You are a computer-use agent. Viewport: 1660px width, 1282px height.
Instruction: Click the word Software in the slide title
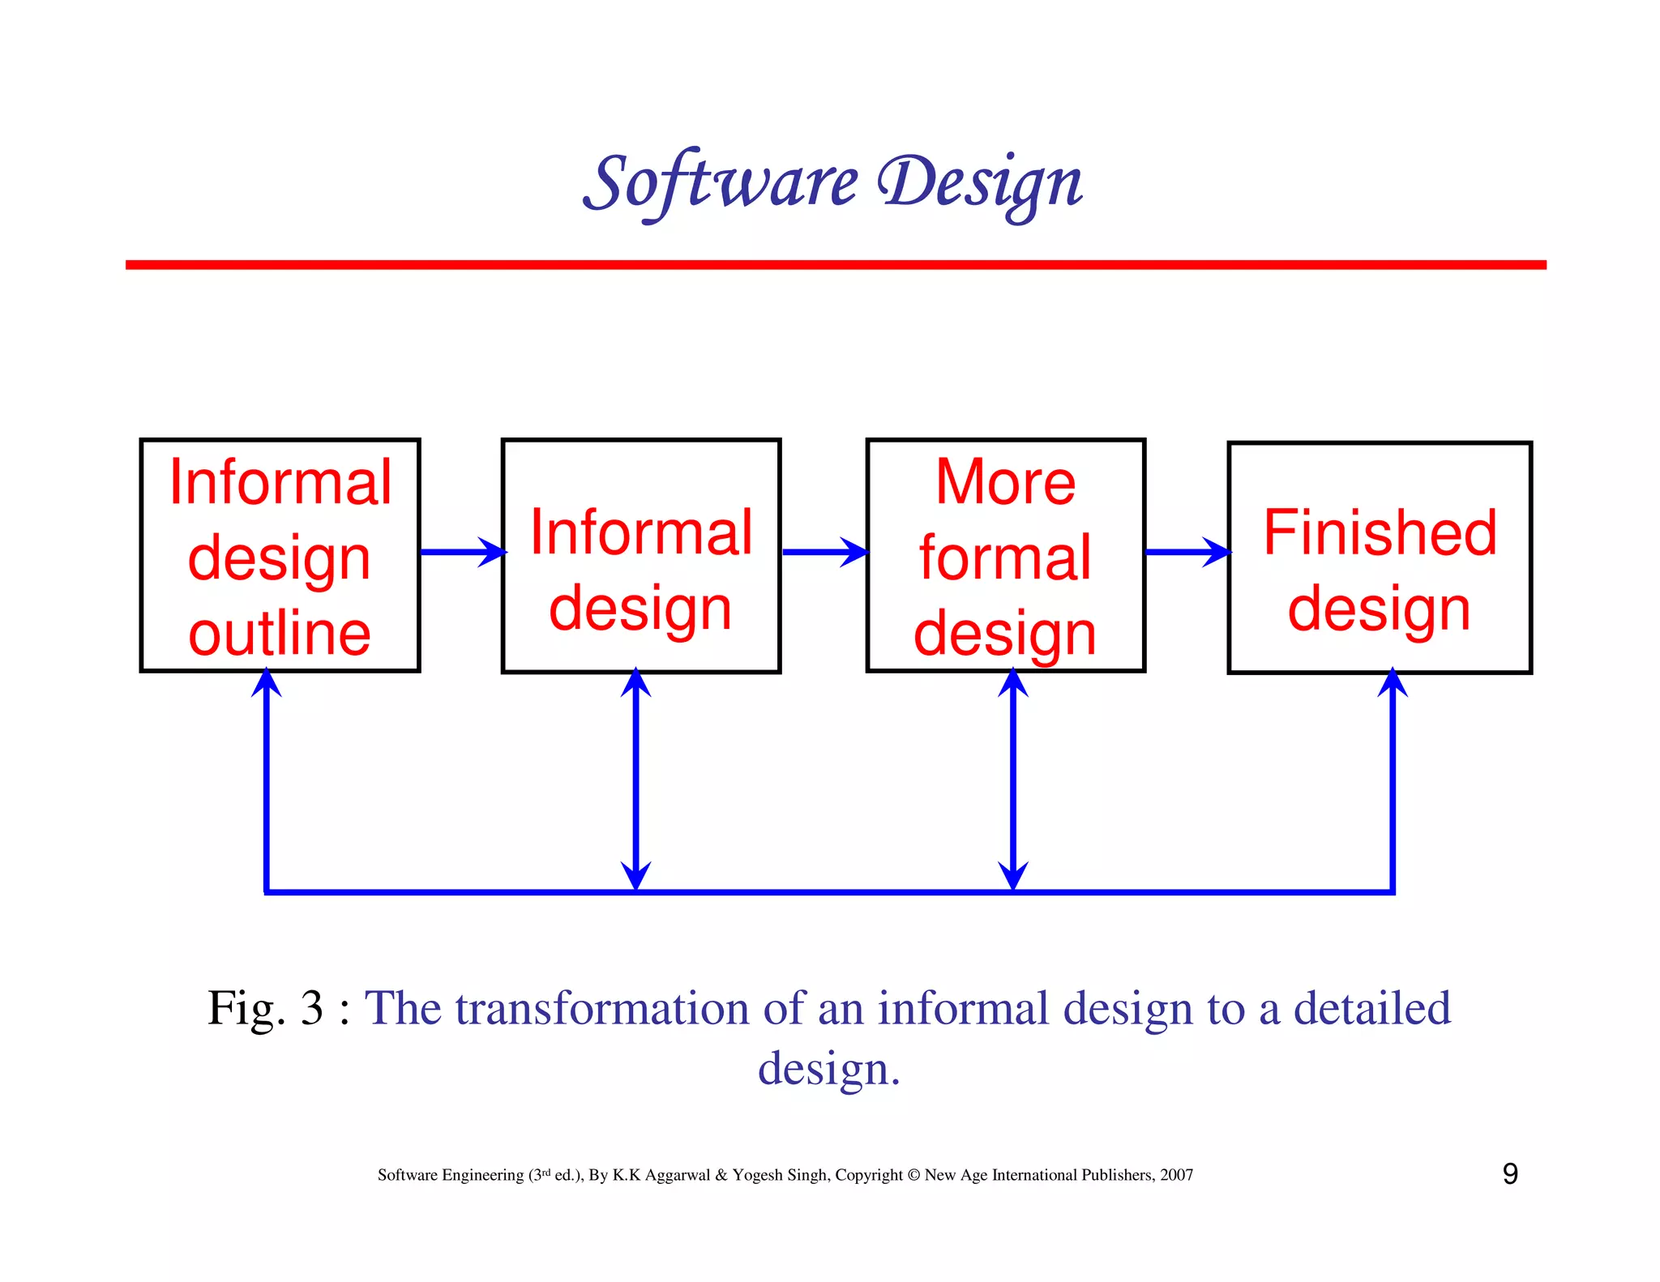click(x=720, y=183)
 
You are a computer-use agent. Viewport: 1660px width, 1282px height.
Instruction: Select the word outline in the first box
click(x=280, y=634)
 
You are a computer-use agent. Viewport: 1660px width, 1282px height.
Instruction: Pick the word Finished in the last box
click(x=1380, y=532)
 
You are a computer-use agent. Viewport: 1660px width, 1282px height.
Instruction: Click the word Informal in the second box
click(x=641, y=532)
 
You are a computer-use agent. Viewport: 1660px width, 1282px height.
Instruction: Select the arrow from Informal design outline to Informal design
click(x=462, y=553)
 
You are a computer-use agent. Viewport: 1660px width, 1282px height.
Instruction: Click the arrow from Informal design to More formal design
click(x=824, y=553)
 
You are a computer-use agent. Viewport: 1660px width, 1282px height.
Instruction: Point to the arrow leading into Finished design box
click(x=1187, y=553)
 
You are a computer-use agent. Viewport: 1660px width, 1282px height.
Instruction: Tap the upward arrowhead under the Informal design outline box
click(x=267, y=683)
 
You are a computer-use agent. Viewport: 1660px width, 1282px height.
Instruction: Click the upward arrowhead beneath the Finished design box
click(x=1393, y=683)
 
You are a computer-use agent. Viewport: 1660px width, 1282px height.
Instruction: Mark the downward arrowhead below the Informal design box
click(x=636, y=876)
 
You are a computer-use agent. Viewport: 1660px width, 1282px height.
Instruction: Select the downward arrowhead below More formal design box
click(x=1013, y=876)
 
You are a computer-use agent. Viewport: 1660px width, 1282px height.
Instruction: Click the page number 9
click(x=1510, y=1174)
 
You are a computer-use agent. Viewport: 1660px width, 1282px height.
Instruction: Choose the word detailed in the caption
click(x=1371, y=1009)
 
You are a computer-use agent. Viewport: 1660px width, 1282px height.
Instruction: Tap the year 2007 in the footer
click(x=1176, y=1175)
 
